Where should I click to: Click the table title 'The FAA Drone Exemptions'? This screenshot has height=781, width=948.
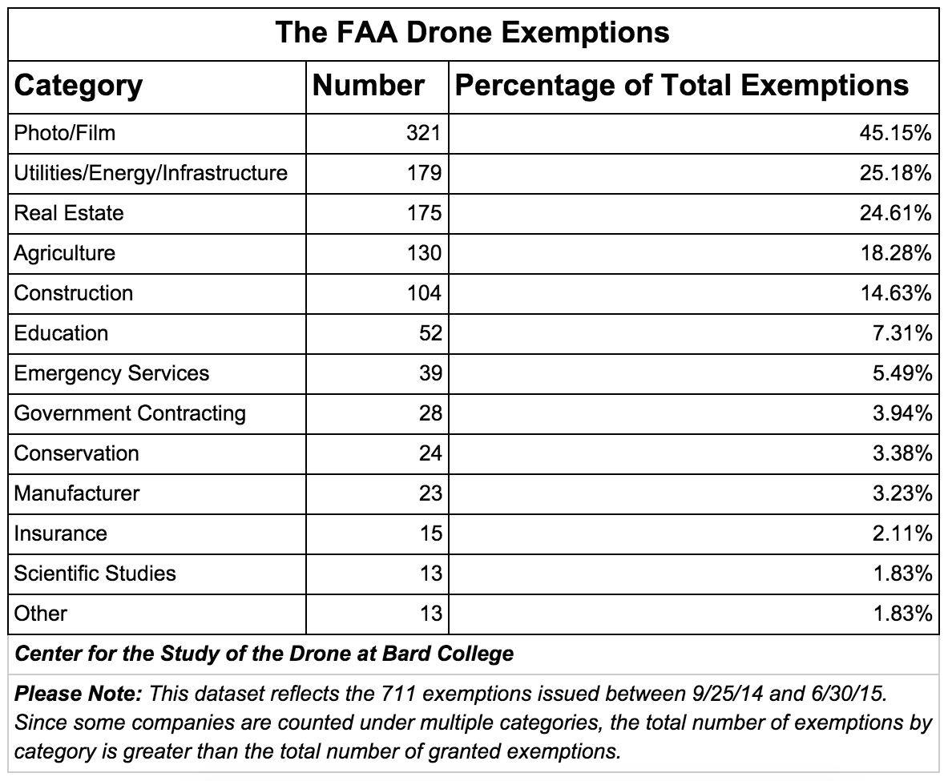tap(472, 33)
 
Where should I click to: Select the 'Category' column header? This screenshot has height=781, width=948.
tap(79, 86)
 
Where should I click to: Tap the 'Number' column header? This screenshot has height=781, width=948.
tap(368, 86)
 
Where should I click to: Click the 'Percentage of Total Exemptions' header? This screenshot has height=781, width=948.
tap(681, 86)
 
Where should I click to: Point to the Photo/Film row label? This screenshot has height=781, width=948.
tap(65, 133)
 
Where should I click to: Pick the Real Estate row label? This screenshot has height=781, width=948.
tap(69, 213)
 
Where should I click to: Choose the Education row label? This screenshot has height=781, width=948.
tap(61, 333)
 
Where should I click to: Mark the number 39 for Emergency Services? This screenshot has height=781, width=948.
tap(430, 373)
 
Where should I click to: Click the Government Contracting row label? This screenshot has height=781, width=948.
tap(130, 413)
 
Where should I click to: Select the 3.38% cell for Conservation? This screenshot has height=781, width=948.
tap(901, 453)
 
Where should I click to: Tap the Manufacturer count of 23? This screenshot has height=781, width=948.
tap(430, 493)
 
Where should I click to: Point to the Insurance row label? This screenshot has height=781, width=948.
tap(60, 533)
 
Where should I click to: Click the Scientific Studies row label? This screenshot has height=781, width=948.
tap(95, 574)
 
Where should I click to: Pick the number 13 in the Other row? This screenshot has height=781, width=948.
tap(430, 614)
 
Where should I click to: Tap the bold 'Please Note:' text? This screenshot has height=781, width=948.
tap(79, 694)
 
